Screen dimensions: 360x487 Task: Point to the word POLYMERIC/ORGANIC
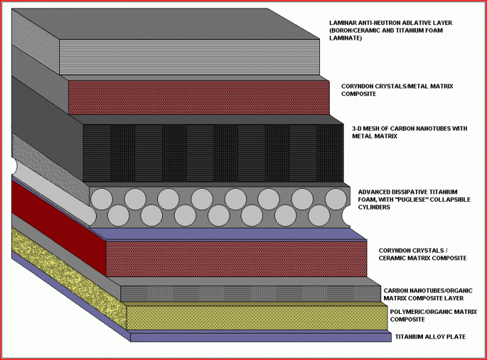tap(422, 312)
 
